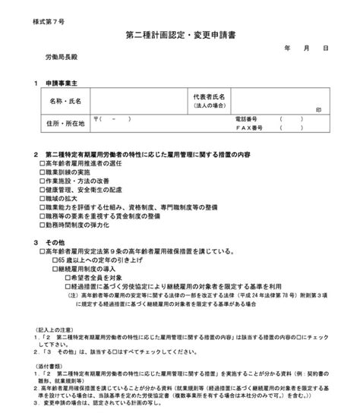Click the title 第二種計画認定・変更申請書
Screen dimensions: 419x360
(x=181, y=36)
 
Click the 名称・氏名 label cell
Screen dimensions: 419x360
(x=66, y=100)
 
